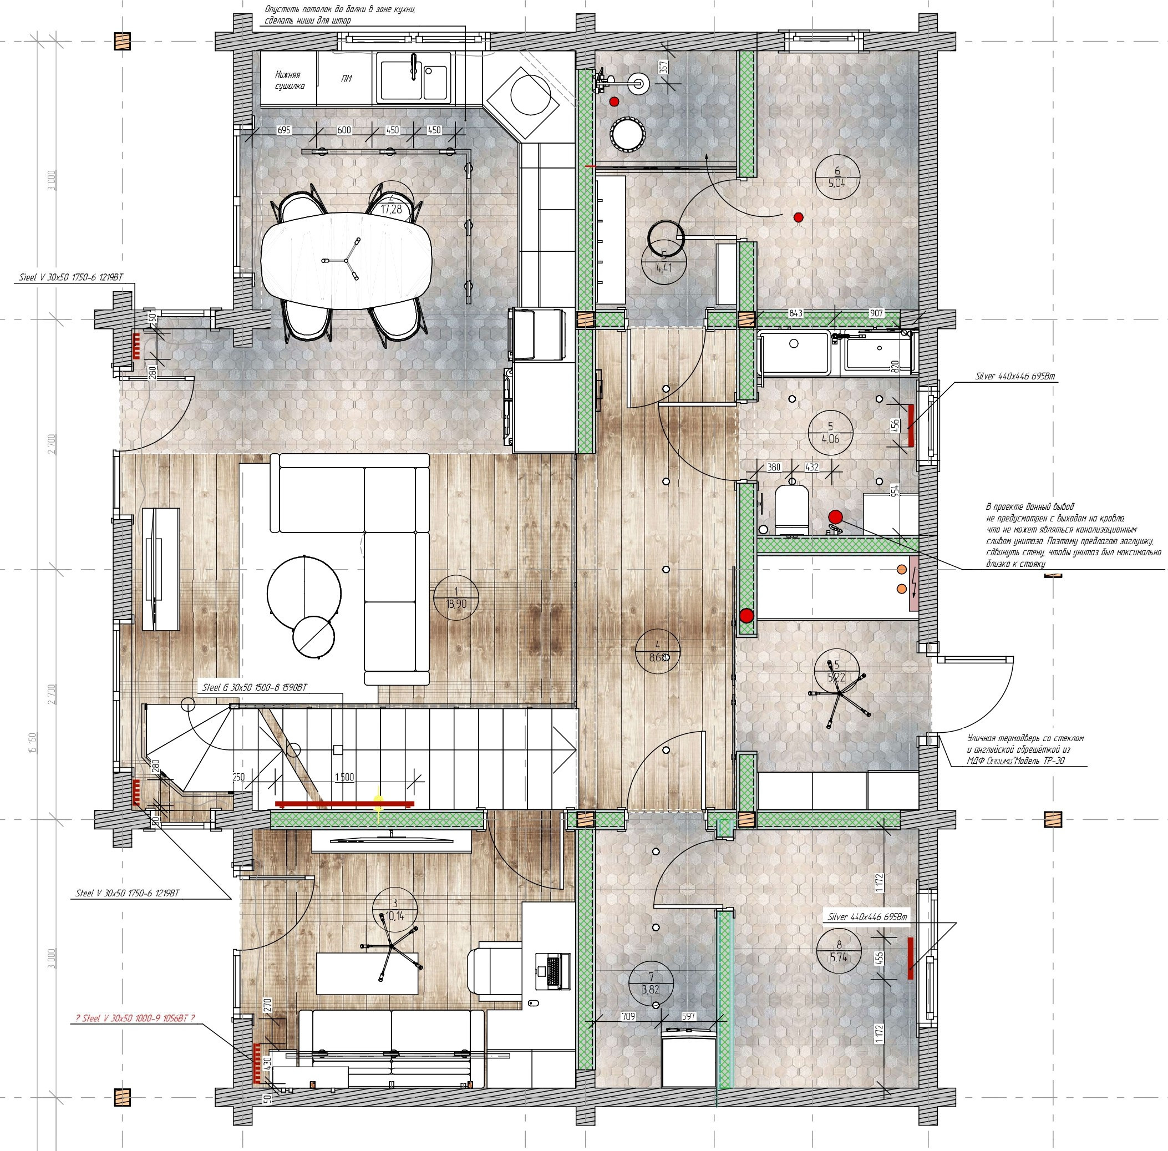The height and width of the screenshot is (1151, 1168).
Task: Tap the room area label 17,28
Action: tap(391, 210)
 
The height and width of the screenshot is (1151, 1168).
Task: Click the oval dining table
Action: tap(347, 261)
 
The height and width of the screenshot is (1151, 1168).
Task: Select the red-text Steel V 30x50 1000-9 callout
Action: tap(135, 1018)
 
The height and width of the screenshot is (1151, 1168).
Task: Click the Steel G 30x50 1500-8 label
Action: tap(254, 687)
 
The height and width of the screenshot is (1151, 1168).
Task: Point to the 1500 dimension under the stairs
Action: tap(344, 777)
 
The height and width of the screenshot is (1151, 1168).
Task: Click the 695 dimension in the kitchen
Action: tap(283, 130)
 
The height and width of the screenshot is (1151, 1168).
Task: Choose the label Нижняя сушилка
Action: tap(290, 80)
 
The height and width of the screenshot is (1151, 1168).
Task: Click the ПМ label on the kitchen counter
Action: tap(347, 79)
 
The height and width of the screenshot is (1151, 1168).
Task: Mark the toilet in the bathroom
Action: tap(791, 509)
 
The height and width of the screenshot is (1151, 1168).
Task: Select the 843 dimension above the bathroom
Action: tap(796, 313)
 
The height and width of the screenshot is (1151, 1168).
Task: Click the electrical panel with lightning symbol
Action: tap(913, 586)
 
